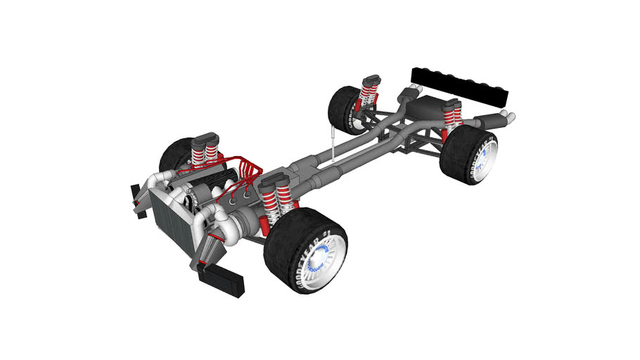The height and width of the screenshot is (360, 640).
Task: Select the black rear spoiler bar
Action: click(461, 84)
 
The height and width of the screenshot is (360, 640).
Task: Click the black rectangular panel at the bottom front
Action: click(221, 280)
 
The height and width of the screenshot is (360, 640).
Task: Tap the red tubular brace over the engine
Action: click(243, 172)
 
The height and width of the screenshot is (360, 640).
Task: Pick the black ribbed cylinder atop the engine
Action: click(205, 191)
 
